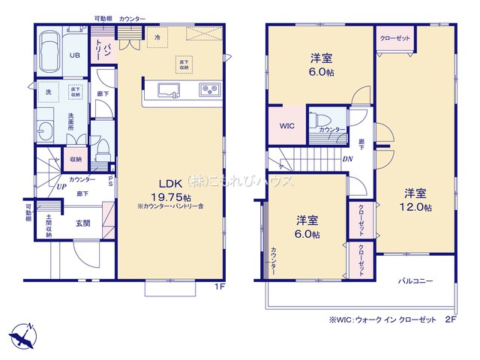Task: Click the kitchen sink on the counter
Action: tap(167, 91)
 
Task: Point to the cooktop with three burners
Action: tap(208, 91)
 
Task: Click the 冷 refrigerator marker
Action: tap(157, 36)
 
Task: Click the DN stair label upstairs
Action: tap(348, 159)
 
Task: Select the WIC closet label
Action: tap(286, 126)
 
